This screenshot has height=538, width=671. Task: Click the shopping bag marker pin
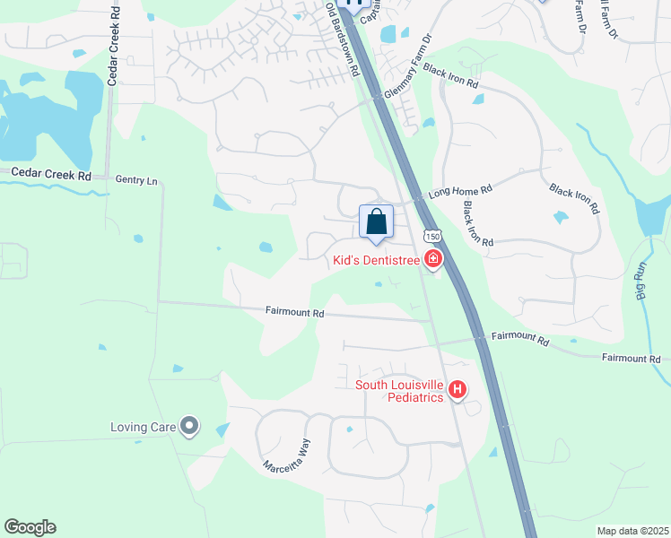pyautogui.click(x=377, y=221)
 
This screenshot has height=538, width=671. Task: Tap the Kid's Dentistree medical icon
pyautogui.click(x=434, y=260)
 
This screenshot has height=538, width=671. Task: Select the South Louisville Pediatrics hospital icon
pyautogui.click(x=457, y=390)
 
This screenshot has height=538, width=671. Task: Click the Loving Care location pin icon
pyautogui.click(x=189, y=427)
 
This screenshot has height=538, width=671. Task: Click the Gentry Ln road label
pyautogui.click(x=136, y=180)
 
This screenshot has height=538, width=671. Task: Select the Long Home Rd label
pyautogui.click(x=461, y=191)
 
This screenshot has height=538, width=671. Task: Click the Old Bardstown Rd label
pyautogui.click(x=343, y=38)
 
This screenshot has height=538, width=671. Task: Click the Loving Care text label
pyautogui.click(x=143, y=427)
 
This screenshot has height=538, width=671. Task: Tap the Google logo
pyautogui.click(x=30, y=527)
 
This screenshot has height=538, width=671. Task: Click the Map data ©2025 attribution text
pyautogui.click(x=632, y=531)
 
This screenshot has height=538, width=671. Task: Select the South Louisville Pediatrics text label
pyautogui.click(x=399, y=391)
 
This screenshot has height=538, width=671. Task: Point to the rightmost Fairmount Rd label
pyautogui.click(x=631, y=358)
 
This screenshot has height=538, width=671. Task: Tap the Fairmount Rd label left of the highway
pyautogui.click(x=294, y=313)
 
